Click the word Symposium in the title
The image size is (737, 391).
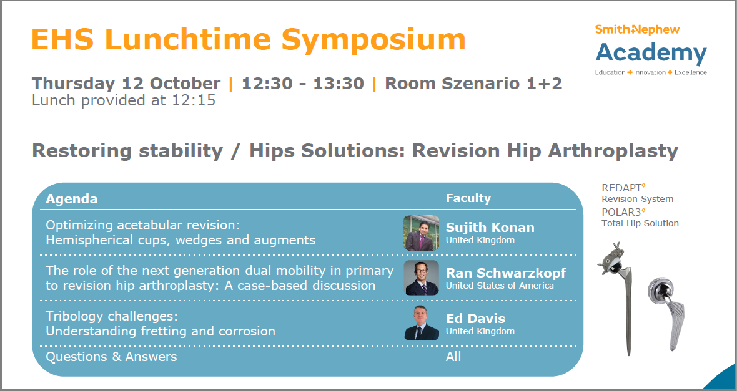tap(373, 40)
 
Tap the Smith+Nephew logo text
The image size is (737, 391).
tap(637, 29)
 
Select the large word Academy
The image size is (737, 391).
tap(651, 54)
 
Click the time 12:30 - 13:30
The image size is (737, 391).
tap(303, 84)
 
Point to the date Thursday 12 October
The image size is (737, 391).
tap(126, 84)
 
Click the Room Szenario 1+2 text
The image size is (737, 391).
tap(473, 84)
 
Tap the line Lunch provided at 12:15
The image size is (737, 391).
tap(124, 100)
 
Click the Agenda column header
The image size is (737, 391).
tap(71, 199)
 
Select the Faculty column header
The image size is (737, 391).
tap(468, 198)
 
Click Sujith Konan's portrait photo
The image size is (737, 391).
tap(421, 233)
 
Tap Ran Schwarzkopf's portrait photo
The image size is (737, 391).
tap(421, 278)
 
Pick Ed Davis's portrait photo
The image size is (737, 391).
tap(421, 323)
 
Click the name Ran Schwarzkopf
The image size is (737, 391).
tap(506, 273)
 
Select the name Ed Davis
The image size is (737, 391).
tap(475, 318)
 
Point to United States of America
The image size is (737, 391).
tap(500, 286)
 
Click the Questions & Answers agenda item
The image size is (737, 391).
tap(111, 357)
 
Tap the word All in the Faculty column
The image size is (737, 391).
tap(453, 357)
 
